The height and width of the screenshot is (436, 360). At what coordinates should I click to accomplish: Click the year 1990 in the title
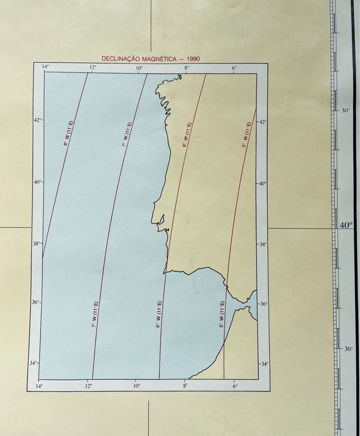click(192, 59)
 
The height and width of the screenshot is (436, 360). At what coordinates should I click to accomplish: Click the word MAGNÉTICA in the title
click(159, 59)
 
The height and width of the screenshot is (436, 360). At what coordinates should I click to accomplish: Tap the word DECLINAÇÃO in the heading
click(121, 59)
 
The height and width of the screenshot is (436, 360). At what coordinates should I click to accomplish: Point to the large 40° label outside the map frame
click(346, 225)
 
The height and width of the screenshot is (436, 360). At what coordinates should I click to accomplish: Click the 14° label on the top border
click(45, 67)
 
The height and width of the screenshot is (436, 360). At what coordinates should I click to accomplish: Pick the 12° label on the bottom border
click(89, 387)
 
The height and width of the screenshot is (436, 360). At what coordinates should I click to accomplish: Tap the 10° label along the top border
click(139, 67)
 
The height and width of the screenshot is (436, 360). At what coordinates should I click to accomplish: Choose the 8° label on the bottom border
click(185, 387)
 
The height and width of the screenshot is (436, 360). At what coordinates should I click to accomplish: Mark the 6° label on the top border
click(234, 67)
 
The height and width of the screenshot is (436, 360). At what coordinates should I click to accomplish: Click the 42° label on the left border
click(37, 120)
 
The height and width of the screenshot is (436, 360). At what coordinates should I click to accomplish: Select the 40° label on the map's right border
click(263, 183)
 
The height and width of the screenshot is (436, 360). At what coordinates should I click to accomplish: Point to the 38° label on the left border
click(37, 243)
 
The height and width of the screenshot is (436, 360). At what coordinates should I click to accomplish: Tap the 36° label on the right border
click(263, 304)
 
